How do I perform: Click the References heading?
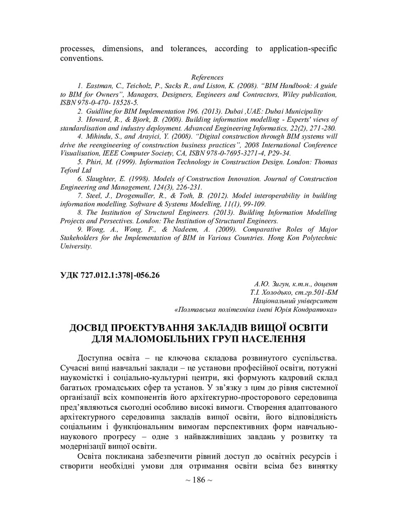(207, 77)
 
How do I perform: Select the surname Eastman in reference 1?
(99, 86)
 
